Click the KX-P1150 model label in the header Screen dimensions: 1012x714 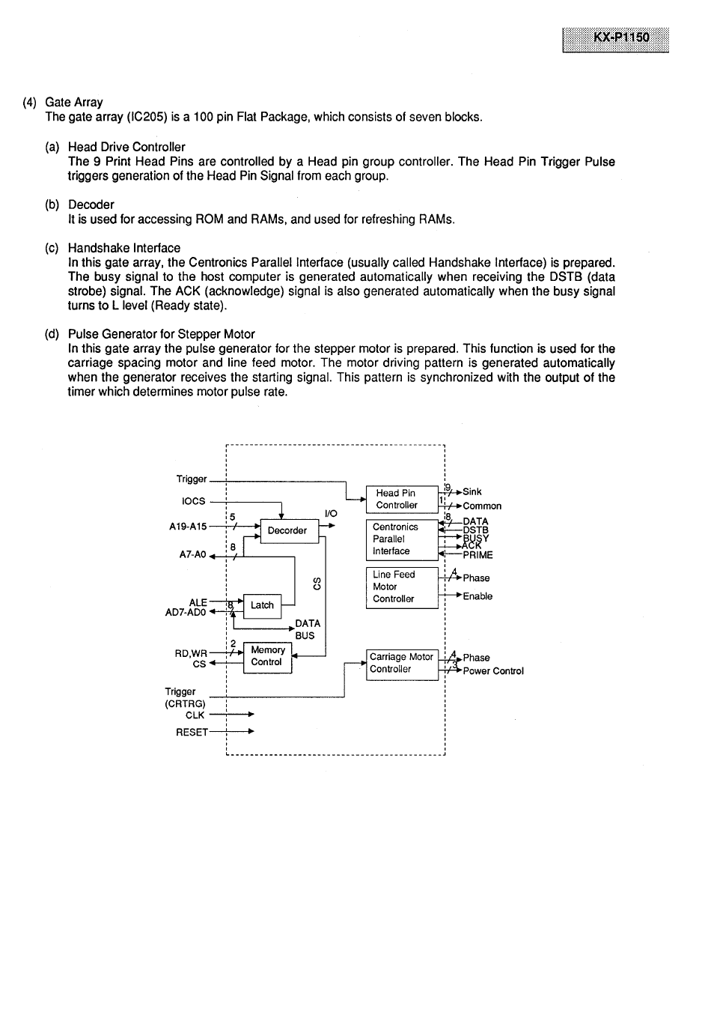click(x=615, y=39)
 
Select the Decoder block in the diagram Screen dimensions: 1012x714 click(x=287, y=530)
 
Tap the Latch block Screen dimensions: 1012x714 click(x=262, y=605)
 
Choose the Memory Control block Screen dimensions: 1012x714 click(x=267, y=656)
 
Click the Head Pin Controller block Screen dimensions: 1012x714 click(x=401, y=499)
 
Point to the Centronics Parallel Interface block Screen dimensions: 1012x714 click(x=401, y=539)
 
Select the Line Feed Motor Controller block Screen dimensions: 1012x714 click(x=401, y=587)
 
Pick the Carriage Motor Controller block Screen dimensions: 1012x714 click(x=402, y=663)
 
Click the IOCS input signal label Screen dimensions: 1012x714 click(x=193, y=501)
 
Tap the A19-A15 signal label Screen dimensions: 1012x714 click(x=188, y=527)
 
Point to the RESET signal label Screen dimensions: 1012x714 click(x=192, y=732)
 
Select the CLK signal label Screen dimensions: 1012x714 click(x=195, y=715)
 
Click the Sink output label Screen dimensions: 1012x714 click(x=472, y=492)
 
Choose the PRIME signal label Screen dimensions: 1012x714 click(x=477, y=555)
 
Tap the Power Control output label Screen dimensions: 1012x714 click(x=493, y=671)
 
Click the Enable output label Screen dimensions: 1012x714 click(x=477, y=596)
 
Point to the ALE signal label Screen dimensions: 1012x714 click(x=198, y=602)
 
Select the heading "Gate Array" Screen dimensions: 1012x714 click(x=74, y=103)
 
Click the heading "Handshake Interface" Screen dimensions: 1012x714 click(x=124, y=248)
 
